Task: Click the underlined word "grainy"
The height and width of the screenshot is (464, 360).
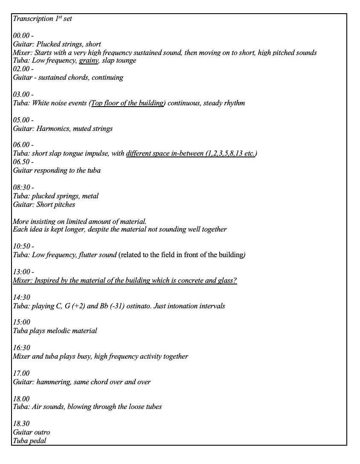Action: (x=89, y=61)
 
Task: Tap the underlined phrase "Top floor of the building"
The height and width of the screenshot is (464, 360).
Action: (x=128, y=103)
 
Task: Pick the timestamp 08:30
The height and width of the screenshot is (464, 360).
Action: (x=22, y=188)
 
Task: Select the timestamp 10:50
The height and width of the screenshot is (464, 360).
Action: (x=22, y=246)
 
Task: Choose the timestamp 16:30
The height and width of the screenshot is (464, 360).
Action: (x=21, y=348)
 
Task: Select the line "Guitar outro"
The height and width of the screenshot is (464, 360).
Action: (x=31, y=432)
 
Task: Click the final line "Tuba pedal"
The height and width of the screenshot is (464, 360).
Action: (x=29, y=441)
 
